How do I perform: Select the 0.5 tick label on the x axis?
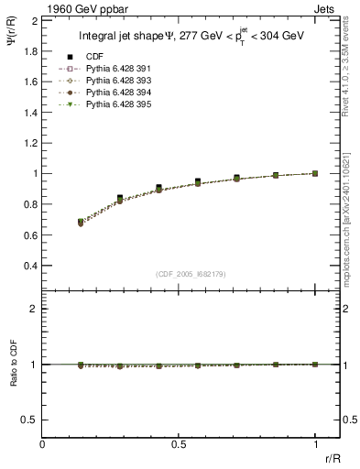(x=179, y=445)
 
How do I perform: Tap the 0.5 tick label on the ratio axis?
(x=30, y=420)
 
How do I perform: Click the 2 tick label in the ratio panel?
(x=34, y=310)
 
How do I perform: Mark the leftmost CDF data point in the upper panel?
(x=82, y=221)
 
